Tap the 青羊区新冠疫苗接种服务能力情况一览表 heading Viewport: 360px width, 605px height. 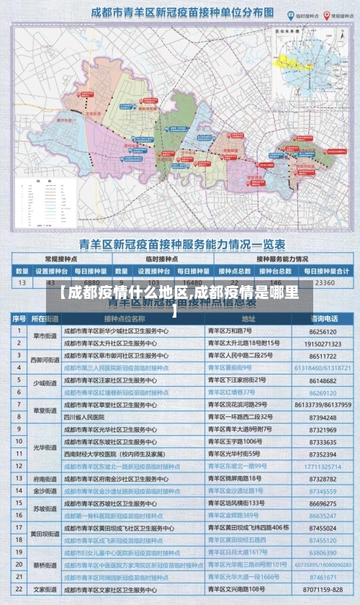coord(180,244)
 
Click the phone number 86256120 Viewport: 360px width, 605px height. coord(323,331)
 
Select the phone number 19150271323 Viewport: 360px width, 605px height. coord(323,344)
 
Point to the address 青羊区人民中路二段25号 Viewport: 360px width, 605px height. coord(240,356)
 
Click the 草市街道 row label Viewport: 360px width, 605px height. coord(45,337)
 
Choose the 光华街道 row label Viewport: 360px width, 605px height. coord(45,447)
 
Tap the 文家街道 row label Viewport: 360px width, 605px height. coord(45,590)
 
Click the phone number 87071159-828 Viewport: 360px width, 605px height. coord(323,590)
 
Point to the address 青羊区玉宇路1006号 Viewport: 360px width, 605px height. coord(234,442)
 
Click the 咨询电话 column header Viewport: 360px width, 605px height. coord(324,318)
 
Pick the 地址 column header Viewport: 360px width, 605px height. coord(248,318)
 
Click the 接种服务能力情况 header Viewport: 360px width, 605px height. coord(282,259)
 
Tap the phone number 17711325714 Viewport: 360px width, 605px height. coord(323,466)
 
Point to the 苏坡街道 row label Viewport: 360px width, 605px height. coord(45,508)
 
